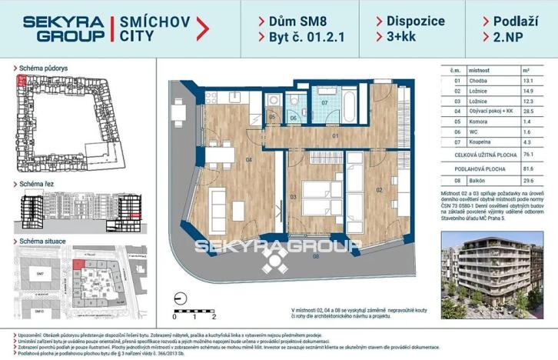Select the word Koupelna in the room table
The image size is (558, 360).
tap(482, 142)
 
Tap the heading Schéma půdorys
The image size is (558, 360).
tap(45, 68)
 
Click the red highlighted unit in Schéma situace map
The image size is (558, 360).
tap(78, 265)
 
